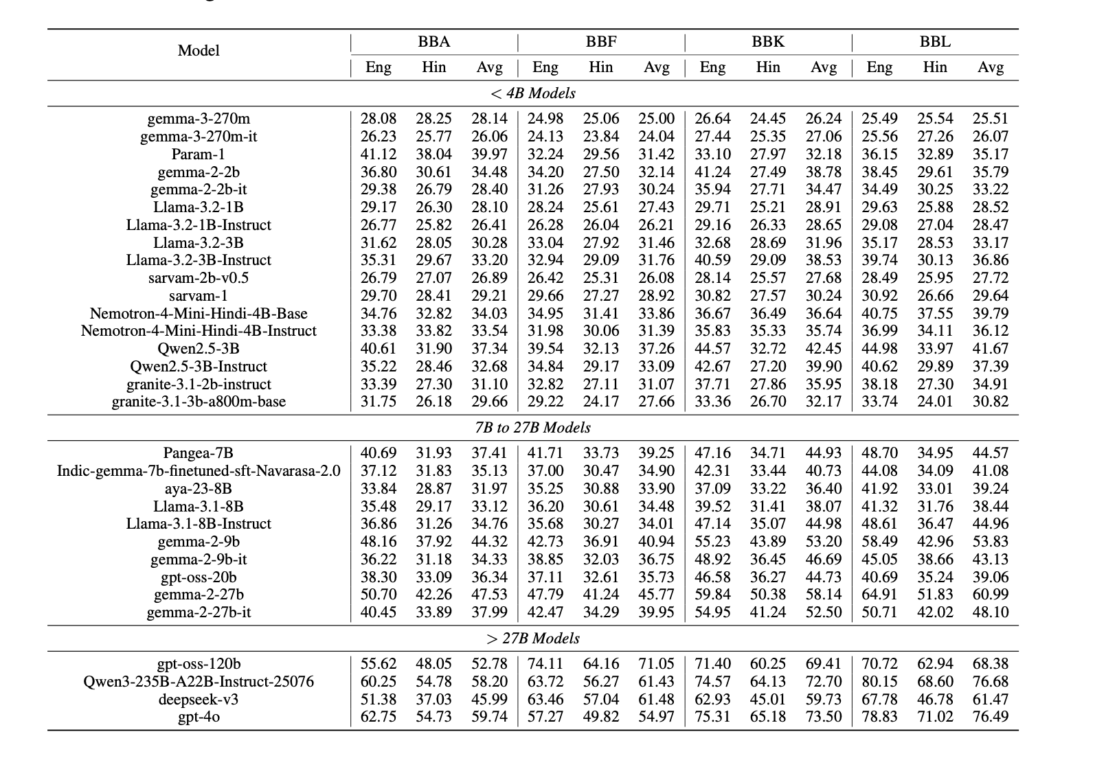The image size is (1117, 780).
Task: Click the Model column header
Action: click(199, 50)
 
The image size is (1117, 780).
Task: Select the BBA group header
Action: click(434, 42)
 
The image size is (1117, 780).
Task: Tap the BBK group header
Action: click(768, 42)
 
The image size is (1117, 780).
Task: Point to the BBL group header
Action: click(935, 42)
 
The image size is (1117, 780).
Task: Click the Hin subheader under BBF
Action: click(600, 67)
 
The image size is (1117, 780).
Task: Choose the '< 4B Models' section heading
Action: click(533, 93)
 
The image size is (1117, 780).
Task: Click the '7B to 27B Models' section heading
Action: click(533, 427)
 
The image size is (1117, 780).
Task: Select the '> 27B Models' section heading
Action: click(533, 639)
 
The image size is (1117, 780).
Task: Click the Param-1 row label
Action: click(199, 154)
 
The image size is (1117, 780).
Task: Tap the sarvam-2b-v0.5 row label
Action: click(199, 277)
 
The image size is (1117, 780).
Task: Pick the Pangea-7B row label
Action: click(199, 453)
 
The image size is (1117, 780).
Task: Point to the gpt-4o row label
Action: click(199, 717)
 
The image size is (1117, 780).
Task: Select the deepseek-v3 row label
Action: click(199, 699)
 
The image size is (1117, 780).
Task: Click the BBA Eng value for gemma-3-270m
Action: click(379, 119)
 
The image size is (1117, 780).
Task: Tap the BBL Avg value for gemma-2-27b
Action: click(991, 594)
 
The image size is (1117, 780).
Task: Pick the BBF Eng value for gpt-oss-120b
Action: click(545, 664)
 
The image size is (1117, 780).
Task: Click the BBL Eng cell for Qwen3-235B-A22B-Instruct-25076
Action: click(879, 682)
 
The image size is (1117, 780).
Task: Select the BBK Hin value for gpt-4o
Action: click(768, 717)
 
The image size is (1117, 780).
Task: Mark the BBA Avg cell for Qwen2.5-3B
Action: click(489, 348)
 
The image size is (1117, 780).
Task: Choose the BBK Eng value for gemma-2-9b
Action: click(712, 542)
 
